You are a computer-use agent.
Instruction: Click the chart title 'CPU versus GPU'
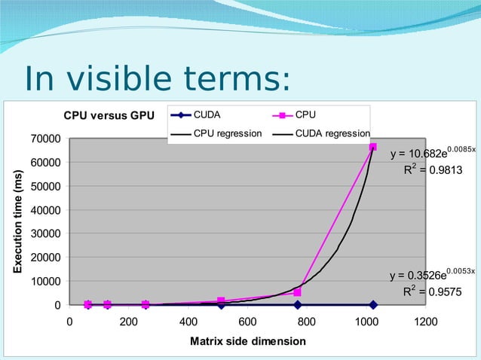tap(108, 116)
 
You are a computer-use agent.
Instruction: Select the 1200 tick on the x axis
tap(426, 322)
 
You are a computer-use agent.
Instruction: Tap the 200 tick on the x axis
tap(129, 322)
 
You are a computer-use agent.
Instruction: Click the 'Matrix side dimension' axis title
tap(247, 341)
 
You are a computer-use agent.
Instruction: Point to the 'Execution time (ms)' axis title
tap(16, 221)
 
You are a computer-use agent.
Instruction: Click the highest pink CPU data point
tap(373, 147)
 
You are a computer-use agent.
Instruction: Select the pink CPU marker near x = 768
tap(297, 292)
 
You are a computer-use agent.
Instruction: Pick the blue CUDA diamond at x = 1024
tap(373, 305)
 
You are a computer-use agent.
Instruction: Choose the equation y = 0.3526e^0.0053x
tap(431, 274)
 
